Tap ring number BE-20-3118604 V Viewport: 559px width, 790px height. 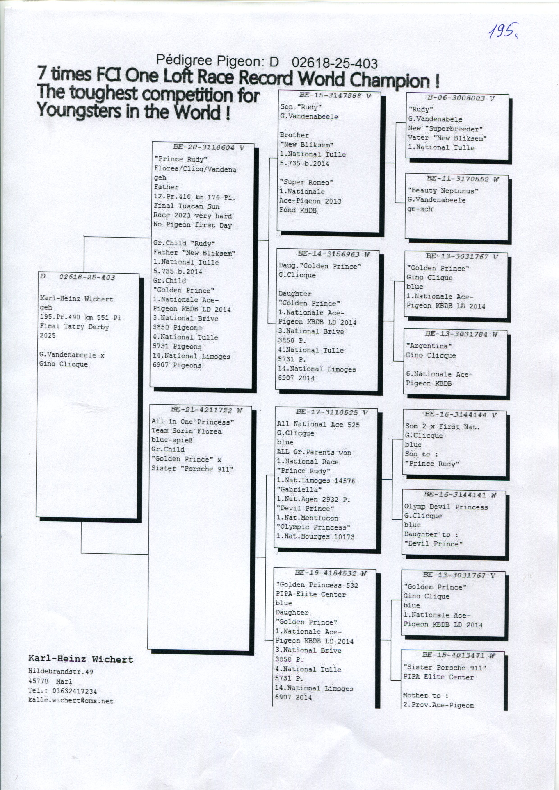tap(208, 148)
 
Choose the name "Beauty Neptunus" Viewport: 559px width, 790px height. tap(443, 191)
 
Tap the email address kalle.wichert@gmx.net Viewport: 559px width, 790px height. tap(71, 701)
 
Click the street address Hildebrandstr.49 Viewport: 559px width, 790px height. tap(61, 671)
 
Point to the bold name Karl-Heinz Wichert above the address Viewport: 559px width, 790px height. tap(81, 659)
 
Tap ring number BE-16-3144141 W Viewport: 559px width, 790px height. tap(459, 495)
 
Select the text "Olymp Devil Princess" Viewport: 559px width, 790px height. tap(446, 507)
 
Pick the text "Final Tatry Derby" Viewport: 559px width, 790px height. tap(74, 326)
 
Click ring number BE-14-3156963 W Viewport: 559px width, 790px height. tap(333, 254)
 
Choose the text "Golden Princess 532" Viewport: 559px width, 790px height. tap(317, 585)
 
